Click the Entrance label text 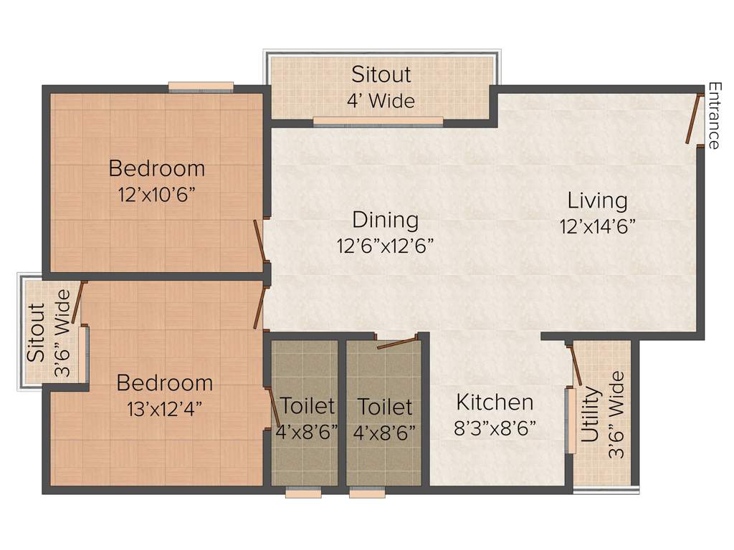[x=714, y=115]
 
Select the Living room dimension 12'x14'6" [x=598, y=226]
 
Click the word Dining [x=385, y=219]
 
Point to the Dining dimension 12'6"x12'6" [x=385, y=246]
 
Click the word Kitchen [x=495, y=402]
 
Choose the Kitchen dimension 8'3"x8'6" [x=495, y=428]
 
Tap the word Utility [x=590, y=415]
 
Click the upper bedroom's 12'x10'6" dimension [x=156, y=195]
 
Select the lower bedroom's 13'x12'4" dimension [x=164, y=409]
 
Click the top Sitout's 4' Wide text [x=381, y=101]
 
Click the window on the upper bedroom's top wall [x=201, y=87]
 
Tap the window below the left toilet [x=303, y=493]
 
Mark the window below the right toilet [x=367, y=493]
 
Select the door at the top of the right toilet [x=397, y=342]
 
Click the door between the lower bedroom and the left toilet [x=274, y=405]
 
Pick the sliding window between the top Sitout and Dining [x=378, y=121]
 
